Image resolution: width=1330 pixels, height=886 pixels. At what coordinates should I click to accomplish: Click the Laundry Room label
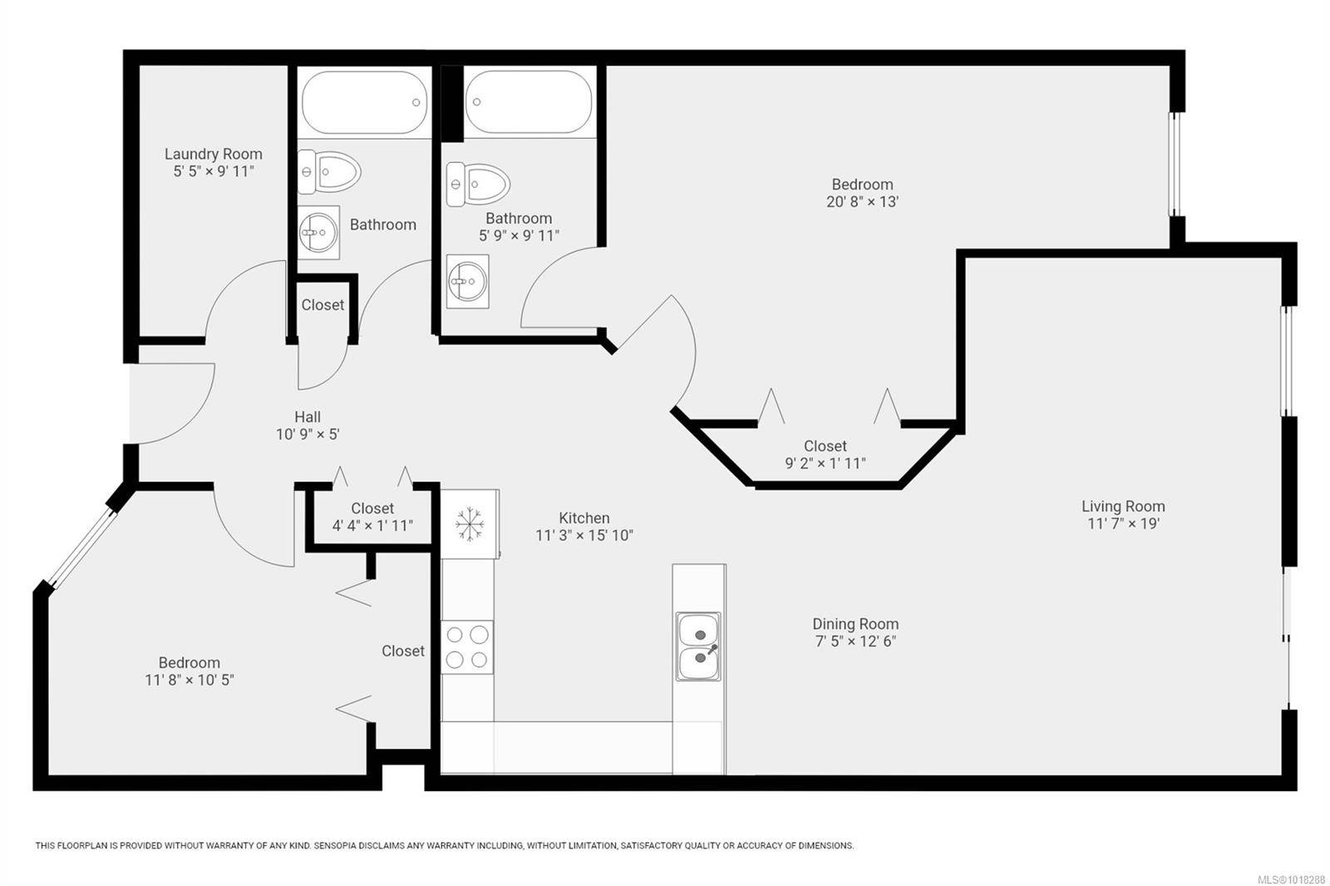213,154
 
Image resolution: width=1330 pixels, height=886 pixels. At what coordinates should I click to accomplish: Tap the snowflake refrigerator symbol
470,524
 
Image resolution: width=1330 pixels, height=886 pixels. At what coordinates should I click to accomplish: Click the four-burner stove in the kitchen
467,647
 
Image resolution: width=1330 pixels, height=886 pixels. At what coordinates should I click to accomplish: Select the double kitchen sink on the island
698,647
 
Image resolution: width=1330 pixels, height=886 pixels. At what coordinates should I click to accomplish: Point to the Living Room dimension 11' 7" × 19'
1123,524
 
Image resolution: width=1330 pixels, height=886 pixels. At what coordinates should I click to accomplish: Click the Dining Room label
855,623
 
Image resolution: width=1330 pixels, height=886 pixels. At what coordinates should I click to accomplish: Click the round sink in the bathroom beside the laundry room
318,232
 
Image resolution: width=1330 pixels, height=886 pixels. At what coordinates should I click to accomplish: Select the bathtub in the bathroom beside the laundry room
364,103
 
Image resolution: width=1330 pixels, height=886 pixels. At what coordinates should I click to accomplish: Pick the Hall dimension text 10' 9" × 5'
308,434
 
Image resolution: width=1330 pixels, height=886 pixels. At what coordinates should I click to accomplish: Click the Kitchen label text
584,518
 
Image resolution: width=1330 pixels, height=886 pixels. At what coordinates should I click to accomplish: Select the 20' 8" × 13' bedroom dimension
862,201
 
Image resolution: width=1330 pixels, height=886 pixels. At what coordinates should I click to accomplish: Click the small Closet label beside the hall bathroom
323,305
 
